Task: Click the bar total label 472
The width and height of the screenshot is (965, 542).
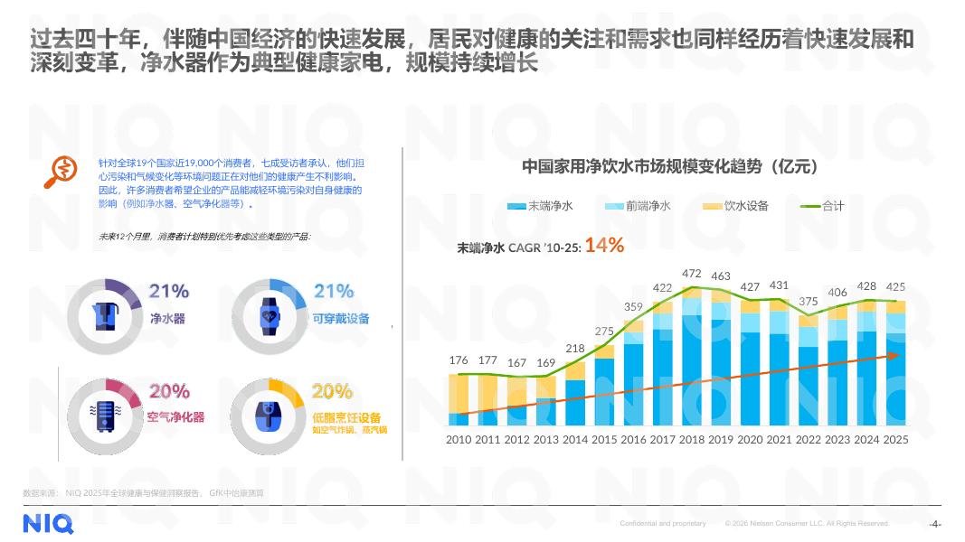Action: [692, 273]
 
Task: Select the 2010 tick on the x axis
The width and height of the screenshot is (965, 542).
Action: [459, 439]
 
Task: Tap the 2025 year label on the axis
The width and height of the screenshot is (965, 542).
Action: [895, 439]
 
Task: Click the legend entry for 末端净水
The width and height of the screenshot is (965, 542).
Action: [541, 206]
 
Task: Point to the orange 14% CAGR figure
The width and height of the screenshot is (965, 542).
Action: [605, 244]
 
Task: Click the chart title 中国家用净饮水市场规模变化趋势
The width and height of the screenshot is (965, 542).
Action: [669, 166]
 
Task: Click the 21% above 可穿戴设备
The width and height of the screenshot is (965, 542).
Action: [334, 291]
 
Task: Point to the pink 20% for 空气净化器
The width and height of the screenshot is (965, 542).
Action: [169, 391]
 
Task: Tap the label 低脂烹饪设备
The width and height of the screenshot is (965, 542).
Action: [346, 416]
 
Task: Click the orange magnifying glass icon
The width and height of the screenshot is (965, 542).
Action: [61, 173]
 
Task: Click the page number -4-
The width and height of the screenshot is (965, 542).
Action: [936, 524]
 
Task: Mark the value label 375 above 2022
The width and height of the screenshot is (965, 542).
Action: [809, 301]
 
